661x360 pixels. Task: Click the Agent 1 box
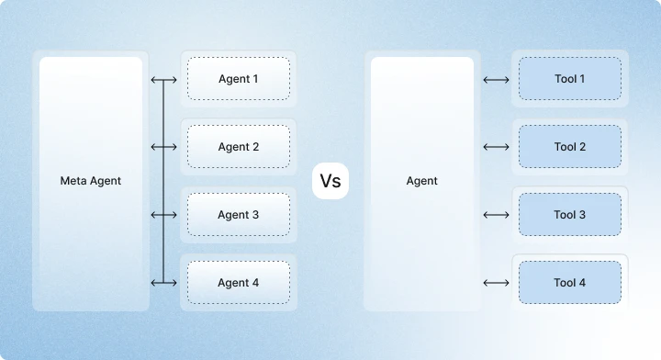click(239, 79)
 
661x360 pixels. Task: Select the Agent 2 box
click(239, 147)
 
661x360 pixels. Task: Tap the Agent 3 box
click(239, 215)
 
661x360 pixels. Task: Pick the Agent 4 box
click(239, 283)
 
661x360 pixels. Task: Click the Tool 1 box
click(569, 79)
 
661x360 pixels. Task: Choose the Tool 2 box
click(569, 147)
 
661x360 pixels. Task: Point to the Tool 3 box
click(569, 215)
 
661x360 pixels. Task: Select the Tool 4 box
click(569, 283)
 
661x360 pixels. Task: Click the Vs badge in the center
click(330, 181)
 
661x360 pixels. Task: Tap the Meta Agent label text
click(91, 181)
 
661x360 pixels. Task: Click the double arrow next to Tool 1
click(496, 79)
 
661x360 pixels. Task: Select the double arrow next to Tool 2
click(496, 147)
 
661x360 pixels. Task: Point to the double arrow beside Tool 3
click(496, 215)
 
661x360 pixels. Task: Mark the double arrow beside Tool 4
click(496, 283)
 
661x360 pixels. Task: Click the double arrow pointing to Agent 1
click(163, 80)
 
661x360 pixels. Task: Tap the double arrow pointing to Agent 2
click(163, 147)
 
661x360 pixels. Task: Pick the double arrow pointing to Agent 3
click(163, 215)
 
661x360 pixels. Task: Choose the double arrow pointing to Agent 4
click(163, 283)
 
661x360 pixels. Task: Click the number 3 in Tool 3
click(582, 215)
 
